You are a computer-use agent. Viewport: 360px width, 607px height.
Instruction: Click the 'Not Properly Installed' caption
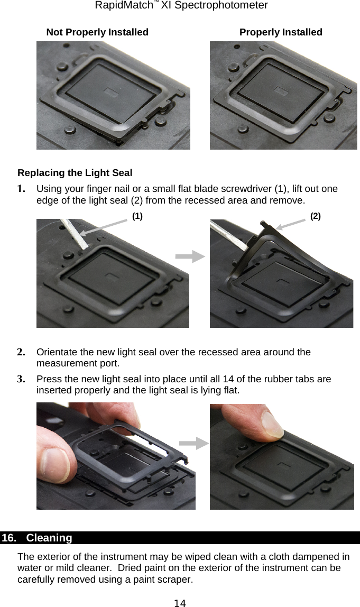pyautogui.click(x=97, y=32)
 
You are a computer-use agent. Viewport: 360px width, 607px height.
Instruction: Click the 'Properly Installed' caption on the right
pyautogui.click(x=281, y=32)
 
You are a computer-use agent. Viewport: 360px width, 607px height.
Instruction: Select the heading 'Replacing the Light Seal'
pyautogui.click(x=75, y=173)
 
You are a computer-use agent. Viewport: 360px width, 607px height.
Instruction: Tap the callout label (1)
pyautogui.click(x=137, y=216)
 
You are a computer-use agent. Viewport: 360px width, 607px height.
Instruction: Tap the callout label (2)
pyautogui.click(x=315, y=216)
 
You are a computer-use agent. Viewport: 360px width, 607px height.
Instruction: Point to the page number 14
pyautogui.click(x=180, y=602)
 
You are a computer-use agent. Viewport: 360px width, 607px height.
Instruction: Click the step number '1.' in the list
pyautogui.click(x=22, y=189)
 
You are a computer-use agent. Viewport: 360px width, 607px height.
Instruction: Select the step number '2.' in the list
pyautogui.click(x=22, y=352)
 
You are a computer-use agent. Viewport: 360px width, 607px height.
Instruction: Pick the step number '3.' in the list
pyautogui.click(x=22, y=379)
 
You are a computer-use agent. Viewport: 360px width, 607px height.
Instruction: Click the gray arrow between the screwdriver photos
pyautogui.click(x=190, y=257)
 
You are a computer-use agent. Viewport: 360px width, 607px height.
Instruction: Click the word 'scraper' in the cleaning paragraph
pyautogui.click(x=176, y=580)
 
